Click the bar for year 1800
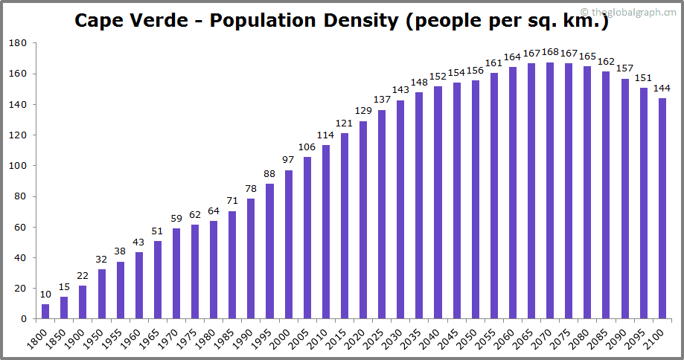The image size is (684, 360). point(45,311)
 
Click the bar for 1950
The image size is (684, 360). point(102,294)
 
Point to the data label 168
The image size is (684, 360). point(550,52)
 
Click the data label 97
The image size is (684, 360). point(289,161)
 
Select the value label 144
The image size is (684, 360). point(662,89)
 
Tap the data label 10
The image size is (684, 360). point(45,295)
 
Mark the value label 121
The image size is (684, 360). point(345,123)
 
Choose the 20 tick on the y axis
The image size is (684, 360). point(22,289)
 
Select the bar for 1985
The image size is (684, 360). point(232,265)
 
